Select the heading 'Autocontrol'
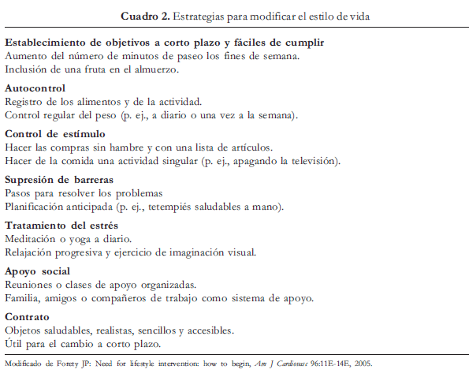click(35, 88)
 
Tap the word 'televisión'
click(309, 161)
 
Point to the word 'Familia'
click(23, 298)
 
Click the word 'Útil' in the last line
click(15, 344)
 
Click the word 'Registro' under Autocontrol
click(25, 101)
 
